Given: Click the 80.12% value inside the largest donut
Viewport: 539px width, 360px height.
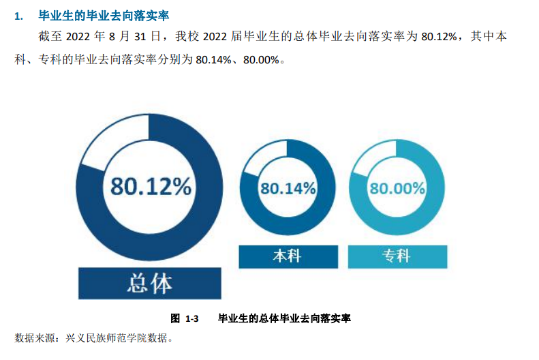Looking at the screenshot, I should point(151,185).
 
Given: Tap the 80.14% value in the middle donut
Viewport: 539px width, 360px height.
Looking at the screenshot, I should point(288,187).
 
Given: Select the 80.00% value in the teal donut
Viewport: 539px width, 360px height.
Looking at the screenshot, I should point(397,187).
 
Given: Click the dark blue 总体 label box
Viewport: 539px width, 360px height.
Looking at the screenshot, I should point(150,284).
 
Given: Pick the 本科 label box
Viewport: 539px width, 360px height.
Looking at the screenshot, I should point(288,256).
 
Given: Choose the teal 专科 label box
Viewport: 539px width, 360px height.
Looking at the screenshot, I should point(397,256).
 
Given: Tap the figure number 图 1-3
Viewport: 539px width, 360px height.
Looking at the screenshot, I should point(184,318).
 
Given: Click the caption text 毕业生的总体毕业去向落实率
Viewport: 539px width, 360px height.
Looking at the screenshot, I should point(283,318).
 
